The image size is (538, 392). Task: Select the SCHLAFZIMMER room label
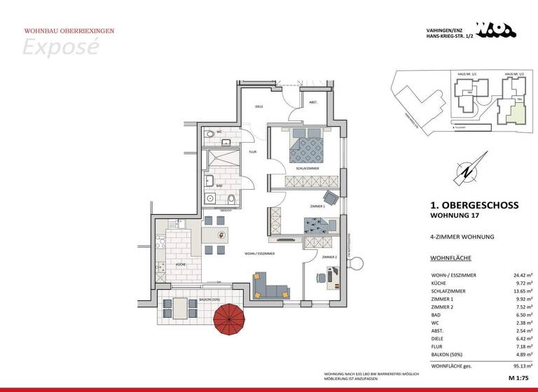tap(308, 169)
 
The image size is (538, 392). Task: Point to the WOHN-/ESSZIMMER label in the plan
tap(259, 253)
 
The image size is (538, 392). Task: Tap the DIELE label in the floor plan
tap(258, 106)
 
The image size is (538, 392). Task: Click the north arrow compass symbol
tap(463, 171)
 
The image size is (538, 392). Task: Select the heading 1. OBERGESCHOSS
tap(474, 205)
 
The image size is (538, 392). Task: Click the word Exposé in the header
tap(60, 47)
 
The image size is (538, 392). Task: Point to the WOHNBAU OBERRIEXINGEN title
tap(69, 31)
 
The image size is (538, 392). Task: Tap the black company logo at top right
tap(495, 29)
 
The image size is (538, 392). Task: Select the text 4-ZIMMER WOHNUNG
tap(462, 237)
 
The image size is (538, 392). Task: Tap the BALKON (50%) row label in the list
tap(449, 354)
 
